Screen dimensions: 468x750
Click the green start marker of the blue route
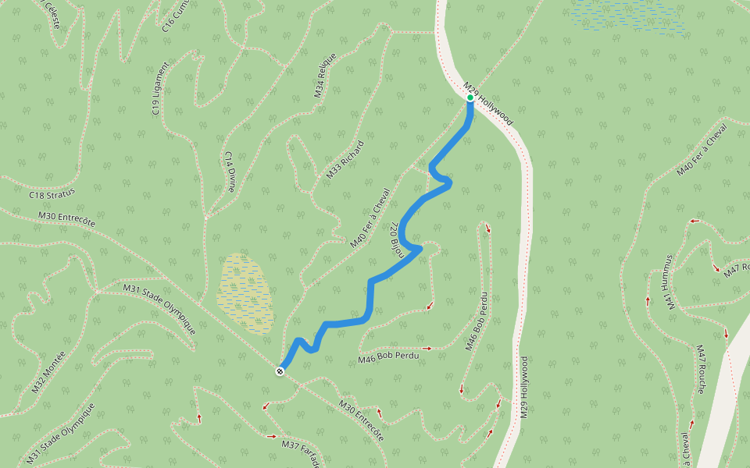(x=470, y=98)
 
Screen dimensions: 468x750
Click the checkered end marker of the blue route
(x=280, y=371)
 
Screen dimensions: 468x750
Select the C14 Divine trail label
(x=230, y=172)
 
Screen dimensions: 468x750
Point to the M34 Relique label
(x=325, y=75)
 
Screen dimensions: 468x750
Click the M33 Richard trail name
(x=345, y=160)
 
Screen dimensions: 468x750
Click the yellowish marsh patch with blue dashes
(x=245, y=292)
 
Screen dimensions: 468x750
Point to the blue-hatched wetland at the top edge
(x=625, y=14)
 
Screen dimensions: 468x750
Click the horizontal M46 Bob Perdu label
(x=388, y=356)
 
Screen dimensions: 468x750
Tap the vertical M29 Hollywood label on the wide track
(x=524, y=388)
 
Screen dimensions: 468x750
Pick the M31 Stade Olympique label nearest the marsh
(x=159, y=310)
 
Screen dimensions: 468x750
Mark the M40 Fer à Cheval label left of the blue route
(x=370, y=218)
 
